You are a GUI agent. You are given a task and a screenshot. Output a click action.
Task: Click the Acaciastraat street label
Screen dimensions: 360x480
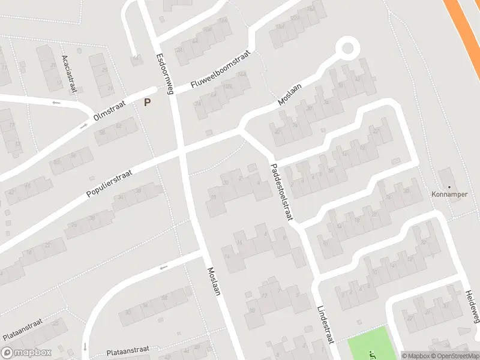tap(70, 74)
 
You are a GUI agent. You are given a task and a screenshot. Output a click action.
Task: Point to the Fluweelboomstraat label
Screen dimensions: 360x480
tap(219, 71)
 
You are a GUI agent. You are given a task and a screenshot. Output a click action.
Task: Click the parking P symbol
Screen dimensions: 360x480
tap(147, 103)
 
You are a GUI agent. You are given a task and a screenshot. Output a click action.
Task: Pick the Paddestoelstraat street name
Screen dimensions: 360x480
tap(281, 192)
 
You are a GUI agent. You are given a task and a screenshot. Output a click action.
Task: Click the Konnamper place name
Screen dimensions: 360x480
tap(449, 194)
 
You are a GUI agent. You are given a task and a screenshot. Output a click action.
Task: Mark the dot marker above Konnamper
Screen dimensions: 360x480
tap(449, 187)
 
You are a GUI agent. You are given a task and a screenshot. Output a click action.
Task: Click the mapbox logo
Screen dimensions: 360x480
tap(26, 353)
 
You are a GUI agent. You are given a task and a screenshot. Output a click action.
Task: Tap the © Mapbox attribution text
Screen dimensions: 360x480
tap(415, 355)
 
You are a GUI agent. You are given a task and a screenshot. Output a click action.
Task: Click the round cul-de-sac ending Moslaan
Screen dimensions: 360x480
tap(347, 47)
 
